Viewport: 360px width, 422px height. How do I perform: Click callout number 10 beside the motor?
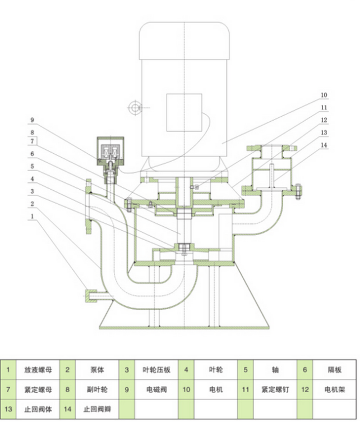pos(324,95)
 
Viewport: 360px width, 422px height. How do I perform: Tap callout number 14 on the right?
pos(324,145)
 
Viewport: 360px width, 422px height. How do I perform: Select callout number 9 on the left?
pos(33,120)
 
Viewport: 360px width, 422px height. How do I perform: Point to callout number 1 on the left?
pos(33,215)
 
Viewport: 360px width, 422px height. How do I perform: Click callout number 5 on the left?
pos(33,166)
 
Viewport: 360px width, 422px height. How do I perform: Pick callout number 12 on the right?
pos(324,120)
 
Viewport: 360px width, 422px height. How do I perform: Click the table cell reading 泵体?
pos(96,370)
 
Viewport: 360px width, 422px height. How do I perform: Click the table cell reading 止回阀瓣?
pos(96,408)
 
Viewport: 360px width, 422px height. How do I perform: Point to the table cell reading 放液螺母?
pos(38,370)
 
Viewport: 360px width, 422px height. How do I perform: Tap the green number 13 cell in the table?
pos(8,408)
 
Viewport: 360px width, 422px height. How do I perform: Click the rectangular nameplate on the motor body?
pos(184,112)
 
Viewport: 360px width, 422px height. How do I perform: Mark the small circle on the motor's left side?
pos(134,107)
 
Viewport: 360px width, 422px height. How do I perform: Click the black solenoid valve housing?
pos(112,149)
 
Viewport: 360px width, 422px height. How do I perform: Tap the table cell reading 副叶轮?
pos(96,389)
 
